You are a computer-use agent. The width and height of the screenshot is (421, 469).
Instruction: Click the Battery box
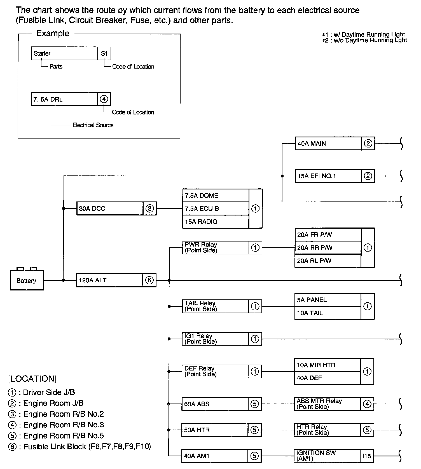pyautogui.click(x=27, y=280)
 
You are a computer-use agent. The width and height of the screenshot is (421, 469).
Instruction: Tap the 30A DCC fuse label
pyautogui.click(x=92, y=208)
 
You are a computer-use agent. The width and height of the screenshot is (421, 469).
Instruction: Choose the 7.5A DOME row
pyautogui.click(x=216, y=196)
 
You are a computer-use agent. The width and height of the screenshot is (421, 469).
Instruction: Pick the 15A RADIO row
pyautogui.click(x=216, y=222)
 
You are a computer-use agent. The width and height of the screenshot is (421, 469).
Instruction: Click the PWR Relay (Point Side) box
pyautogui.click(x=215, y=248)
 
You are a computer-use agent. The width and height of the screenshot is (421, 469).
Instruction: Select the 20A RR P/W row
pyautogui.click(x=328, y=248)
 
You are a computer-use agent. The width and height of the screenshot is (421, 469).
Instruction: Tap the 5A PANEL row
pyautogui.click(x=328, y=300)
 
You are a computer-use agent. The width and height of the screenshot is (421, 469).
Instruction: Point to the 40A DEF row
pyautogui.click(x=327, y=378)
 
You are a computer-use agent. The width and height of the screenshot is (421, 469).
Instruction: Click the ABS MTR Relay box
pyautogui.click(x=327, y=404)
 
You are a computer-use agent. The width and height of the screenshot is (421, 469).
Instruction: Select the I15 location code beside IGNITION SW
pyautogui.click(x=367, y=456)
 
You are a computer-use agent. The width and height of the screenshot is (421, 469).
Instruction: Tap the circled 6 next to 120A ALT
pyautogui.click(x=149, y=280)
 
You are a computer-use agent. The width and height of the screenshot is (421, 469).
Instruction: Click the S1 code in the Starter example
pyautogui.click(x=104, y=53)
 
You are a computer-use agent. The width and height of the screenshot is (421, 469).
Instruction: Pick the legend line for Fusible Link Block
pyautogui.click(x=80, y=447)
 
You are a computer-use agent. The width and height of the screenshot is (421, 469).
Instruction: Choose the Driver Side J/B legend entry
pyautogui.click(x=42, y=392)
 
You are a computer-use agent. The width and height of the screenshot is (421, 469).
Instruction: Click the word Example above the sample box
pyautogui.click(x=53, y=33)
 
